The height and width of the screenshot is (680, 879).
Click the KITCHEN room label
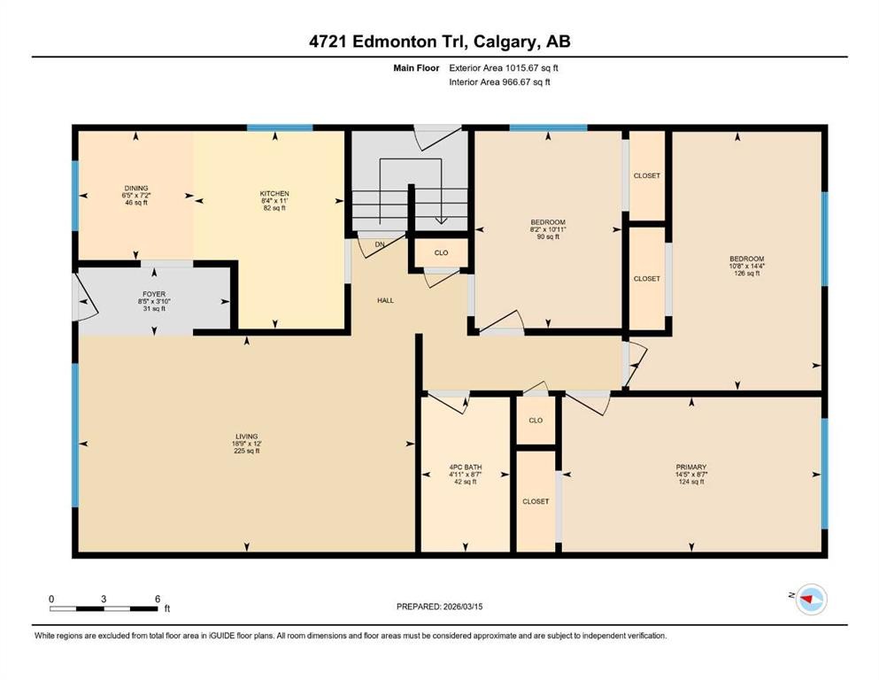(x=274, y=194)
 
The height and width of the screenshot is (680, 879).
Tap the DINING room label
(x=135, y=188)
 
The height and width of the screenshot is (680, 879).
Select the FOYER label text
(x=154, y=294)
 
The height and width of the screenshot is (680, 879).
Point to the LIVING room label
(x=246, y=437)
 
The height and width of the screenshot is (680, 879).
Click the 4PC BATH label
(x=466, y=467)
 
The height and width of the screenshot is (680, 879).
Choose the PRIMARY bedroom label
(x=691, y=467)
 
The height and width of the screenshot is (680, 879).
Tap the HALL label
(x=385, y=301)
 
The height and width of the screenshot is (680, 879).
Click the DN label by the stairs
(x=379, y=244)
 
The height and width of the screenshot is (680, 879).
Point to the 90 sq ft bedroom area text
(x=547, y=236)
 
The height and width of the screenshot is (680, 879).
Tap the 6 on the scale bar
(x=158, y=599)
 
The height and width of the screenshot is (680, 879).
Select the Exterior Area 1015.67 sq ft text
(x=504, y=67)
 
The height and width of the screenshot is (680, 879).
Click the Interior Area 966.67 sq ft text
(x=500, y=82)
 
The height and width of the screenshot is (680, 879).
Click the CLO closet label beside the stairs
(x=441, y=252)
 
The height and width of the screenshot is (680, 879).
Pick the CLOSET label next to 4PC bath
(x=536, y=501)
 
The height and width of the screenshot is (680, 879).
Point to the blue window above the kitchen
(x=280, y=128)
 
